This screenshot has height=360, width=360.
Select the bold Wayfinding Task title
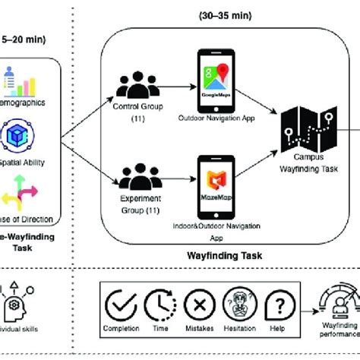click(x=226, y=256)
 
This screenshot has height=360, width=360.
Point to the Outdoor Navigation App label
click(x=215, y=117)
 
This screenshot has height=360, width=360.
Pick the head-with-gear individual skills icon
click(x=17, y=300)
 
